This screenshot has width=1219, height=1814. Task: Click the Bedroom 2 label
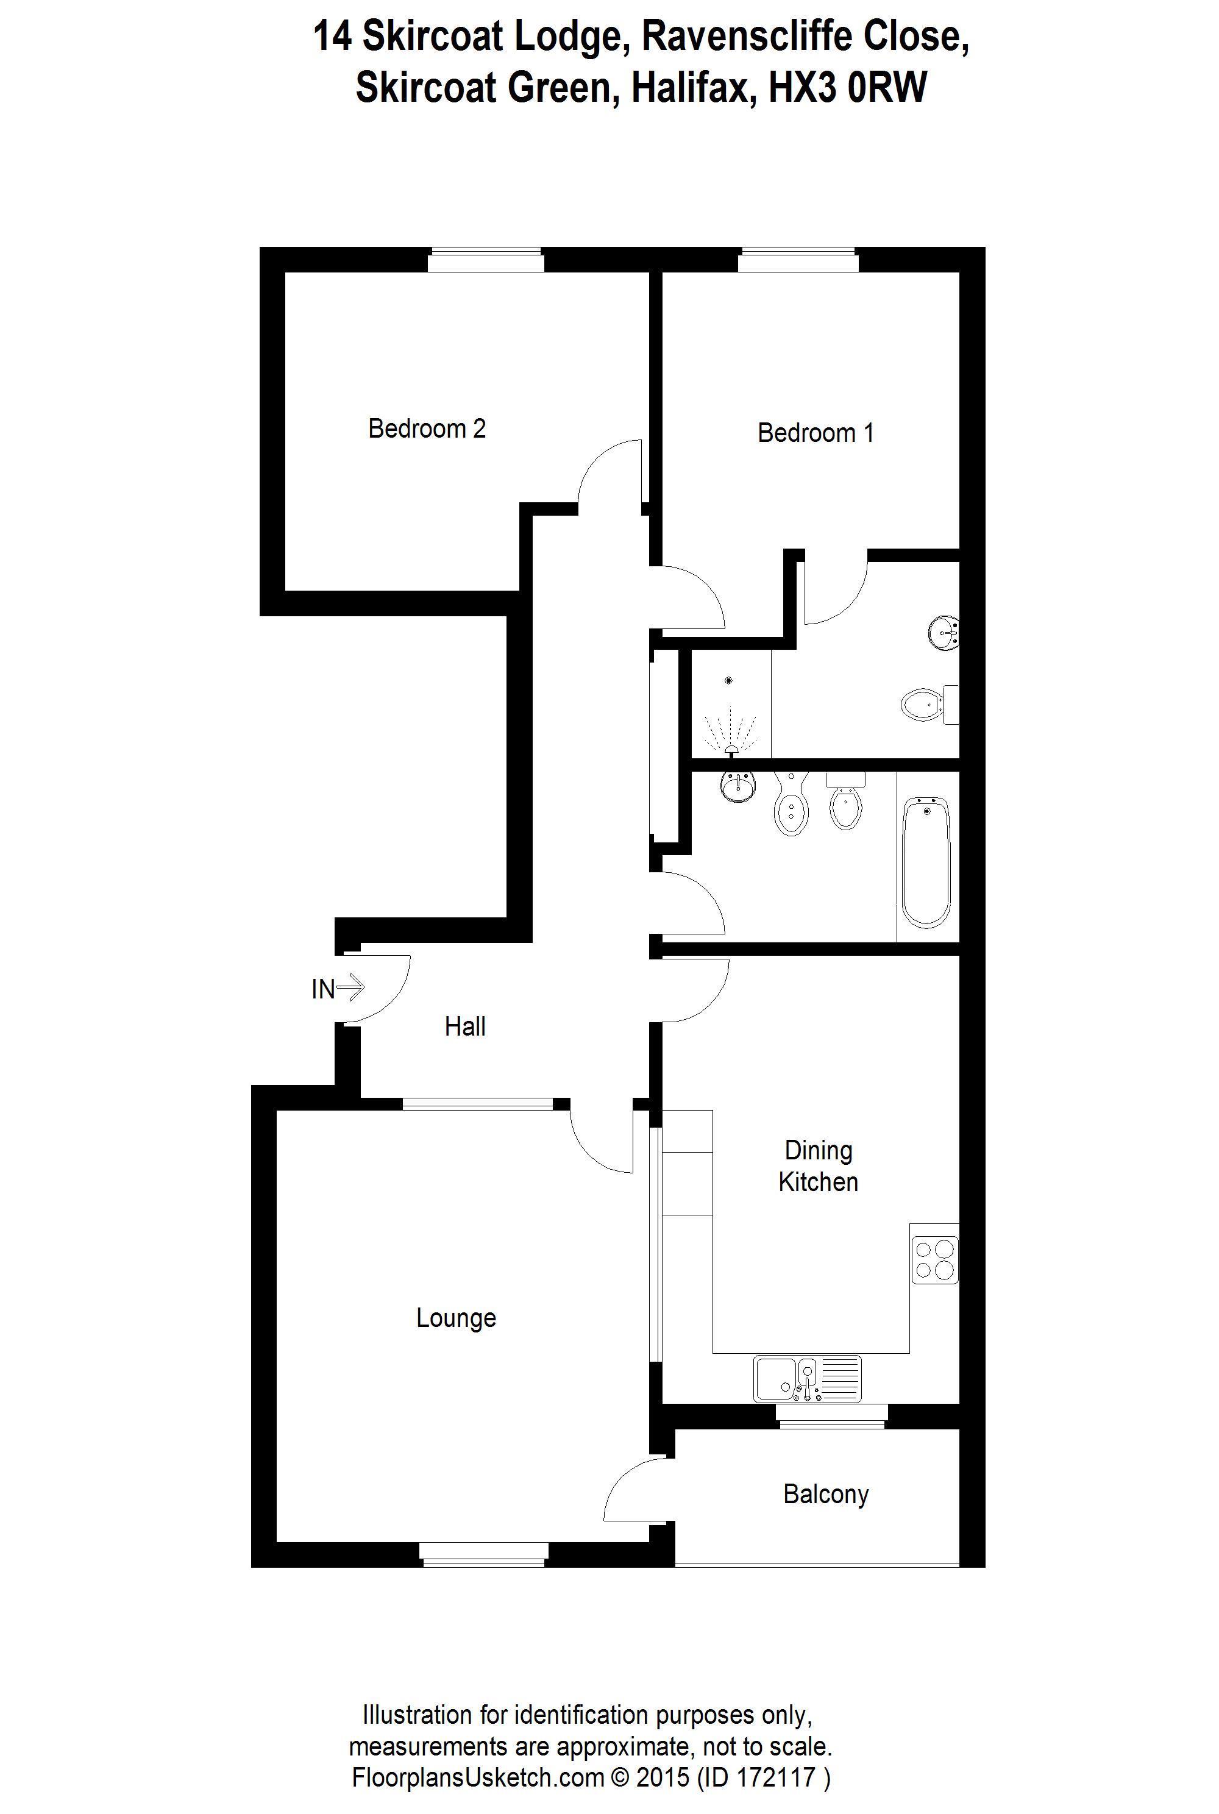coord(427,429)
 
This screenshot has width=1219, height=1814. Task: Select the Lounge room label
coord(455,1318)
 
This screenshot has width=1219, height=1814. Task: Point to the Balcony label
coord(826,1493)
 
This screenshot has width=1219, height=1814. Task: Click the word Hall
coord(465,1026)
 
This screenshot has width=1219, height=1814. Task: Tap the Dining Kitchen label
coord(818,1166)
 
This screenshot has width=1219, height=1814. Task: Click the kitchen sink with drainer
coord(807,1379)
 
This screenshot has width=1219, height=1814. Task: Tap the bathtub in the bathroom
coord(926,861)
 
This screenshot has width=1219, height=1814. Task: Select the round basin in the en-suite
coord(944,633)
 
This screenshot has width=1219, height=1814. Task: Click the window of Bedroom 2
coord(485,260)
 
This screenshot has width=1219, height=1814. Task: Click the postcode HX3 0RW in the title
coord(847,87)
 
